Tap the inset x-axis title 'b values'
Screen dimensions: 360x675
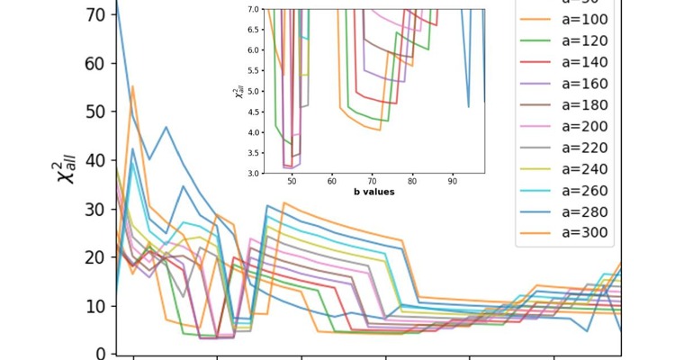tap(373, 192)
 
